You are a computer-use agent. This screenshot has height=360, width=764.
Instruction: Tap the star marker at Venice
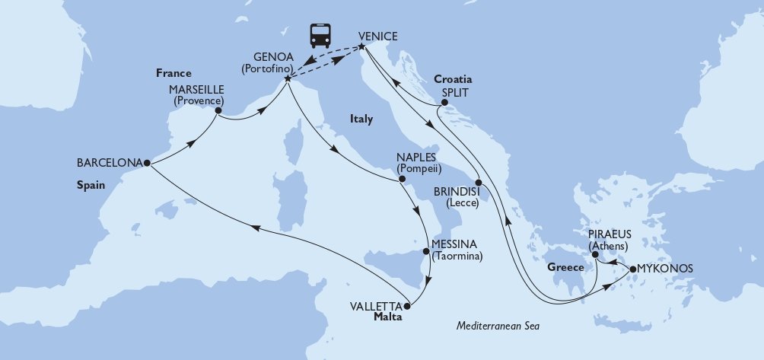click(x=361, y=49)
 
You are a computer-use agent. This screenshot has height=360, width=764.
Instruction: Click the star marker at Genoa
click(x=287, y=78)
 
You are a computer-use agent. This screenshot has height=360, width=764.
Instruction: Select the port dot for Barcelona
click(x=146, y=163)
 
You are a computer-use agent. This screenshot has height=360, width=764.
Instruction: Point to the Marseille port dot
click(x=218, y=111)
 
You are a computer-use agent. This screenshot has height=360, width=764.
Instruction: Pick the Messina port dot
click(x=425, y=251)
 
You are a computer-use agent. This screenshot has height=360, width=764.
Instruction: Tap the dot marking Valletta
click(x=406, y=307)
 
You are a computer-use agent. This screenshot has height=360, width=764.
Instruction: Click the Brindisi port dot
click(x=478, y=182)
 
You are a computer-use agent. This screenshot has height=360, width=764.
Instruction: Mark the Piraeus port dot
click(x=596, y=256)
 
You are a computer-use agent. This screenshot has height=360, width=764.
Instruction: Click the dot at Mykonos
click(x=631, y=269)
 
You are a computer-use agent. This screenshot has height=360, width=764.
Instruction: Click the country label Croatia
click(x=454, y=79)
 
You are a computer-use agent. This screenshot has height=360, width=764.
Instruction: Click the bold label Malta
click(x=387, y=320)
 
